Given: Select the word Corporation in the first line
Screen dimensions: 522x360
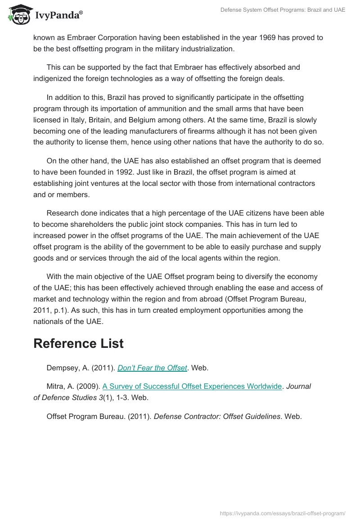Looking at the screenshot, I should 120,38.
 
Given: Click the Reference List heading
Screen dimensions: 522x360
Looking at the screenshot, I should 78,343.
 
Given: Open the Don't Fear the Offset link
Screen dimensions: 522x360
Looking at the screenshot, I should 152,368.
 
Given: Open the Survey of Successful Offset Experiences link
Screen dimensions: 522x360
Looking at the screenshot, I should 192,386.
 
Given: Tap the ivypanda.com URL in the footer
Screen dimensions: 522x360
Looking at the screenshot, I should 283,513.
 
